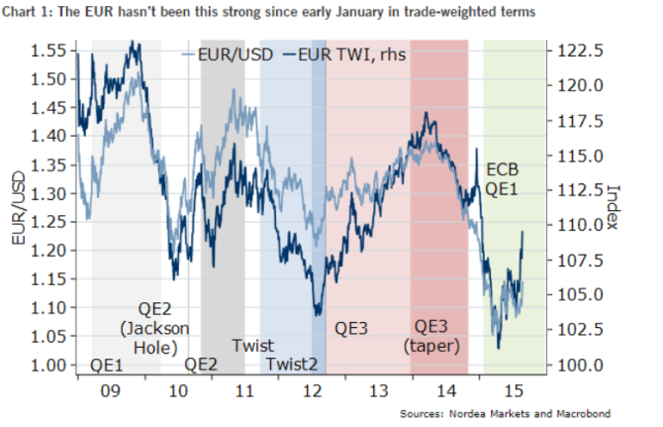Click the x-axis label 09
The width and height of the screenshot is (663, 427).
coord(111,390)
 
